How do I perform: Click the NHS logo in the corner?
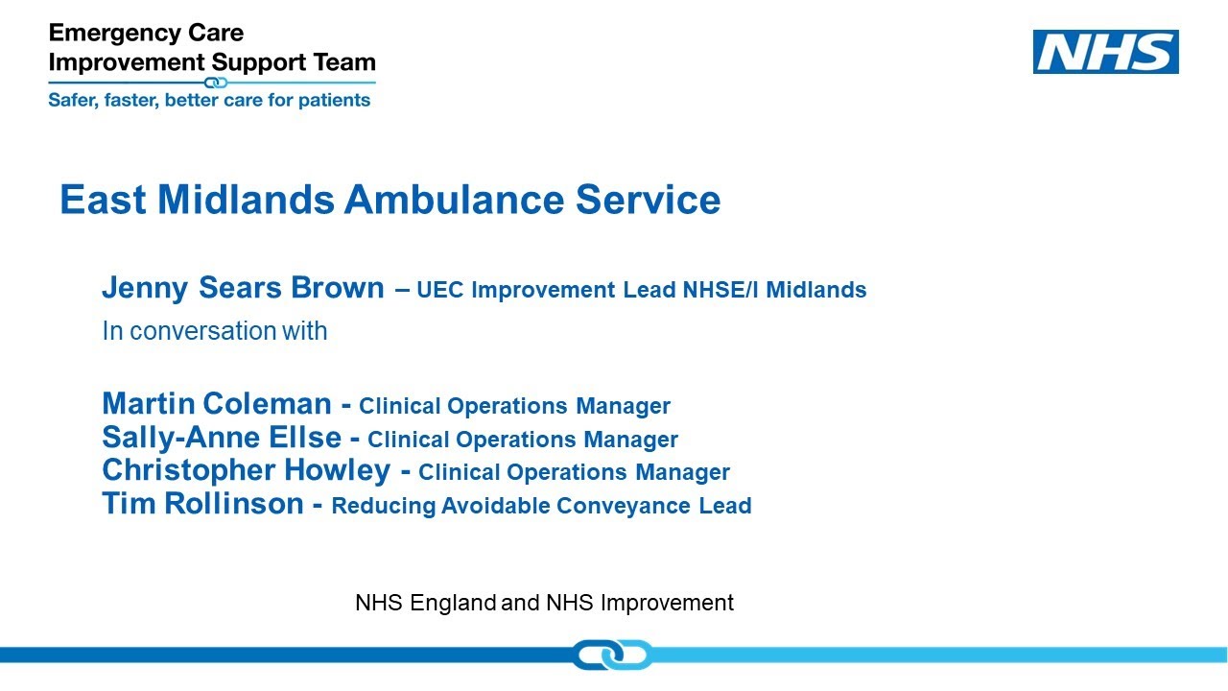[1105, 52]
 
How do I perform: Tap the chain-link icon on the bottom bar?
[612, 655]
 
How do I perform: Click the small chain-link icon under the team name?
[217, 83]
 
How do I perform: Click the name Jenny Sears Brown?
[243, 288]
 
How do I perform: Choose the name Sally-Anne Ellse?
[222, 439]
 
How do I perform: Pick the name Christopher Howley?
[246, 471]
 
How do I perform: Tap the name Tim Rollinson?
[202, 504]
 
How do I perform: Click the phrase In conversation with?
[215, 331]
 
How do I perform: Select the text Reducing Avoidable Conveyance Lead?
[541, 506]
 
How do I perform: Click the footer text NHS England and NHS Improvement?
[544, 603]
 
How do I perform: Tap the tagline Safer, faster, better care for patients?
[209, 100]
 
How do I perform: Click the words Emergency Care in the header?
[146, 34]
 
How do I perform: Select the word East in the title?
[103, 200]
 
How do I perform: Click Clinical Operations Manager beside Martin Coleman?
[514, 406]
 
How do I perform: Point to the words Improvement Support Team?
[212, 62]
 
